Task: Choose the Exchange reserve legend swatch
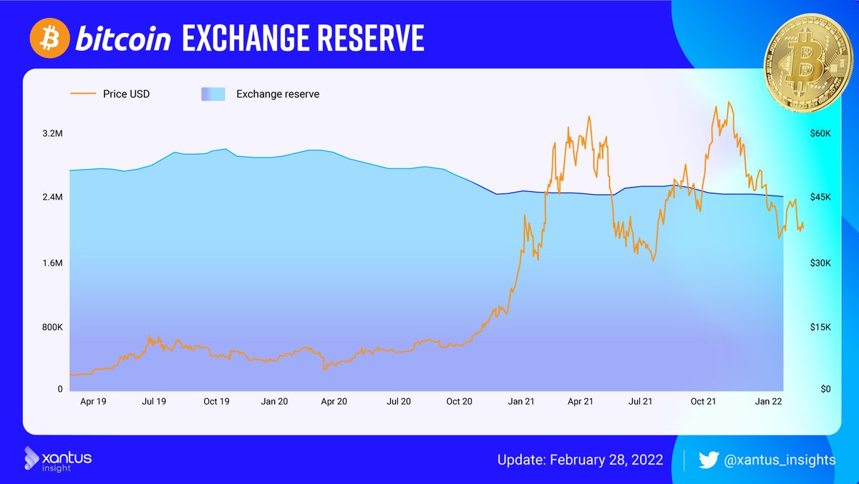click(213, 94)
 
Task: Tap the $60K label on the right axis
click(820, 134)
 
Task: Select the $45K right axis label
click(820, 197)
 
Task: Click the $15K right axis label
click(820, 328)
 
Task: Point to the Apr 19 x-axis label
click(93, 402)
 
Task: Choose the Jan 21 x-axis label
click(521, 402)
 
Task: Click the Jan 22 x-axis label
click(769, 402)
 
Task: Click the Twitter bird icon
click(708, 460)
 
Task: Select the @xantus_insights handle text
click(780, 460)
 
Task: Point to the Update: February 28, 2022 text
click(580, 460)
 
